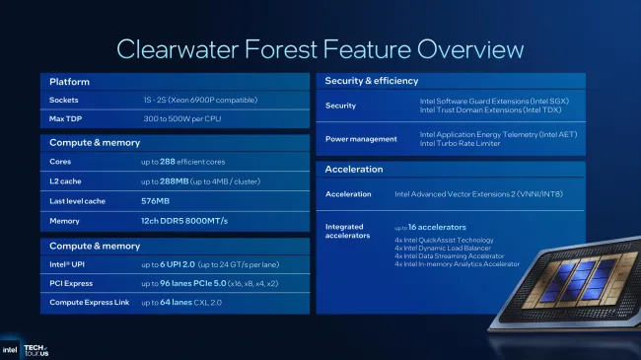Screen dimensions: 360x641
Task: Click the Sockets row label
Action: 65,101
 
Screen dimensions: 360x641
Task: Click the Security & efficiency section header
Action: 371,81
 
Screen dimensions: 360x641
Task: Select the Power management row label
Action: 361,139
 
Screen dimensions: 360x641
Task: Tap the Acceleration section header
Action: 354,170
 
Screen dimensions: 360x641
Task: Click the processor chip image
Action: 582,296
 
